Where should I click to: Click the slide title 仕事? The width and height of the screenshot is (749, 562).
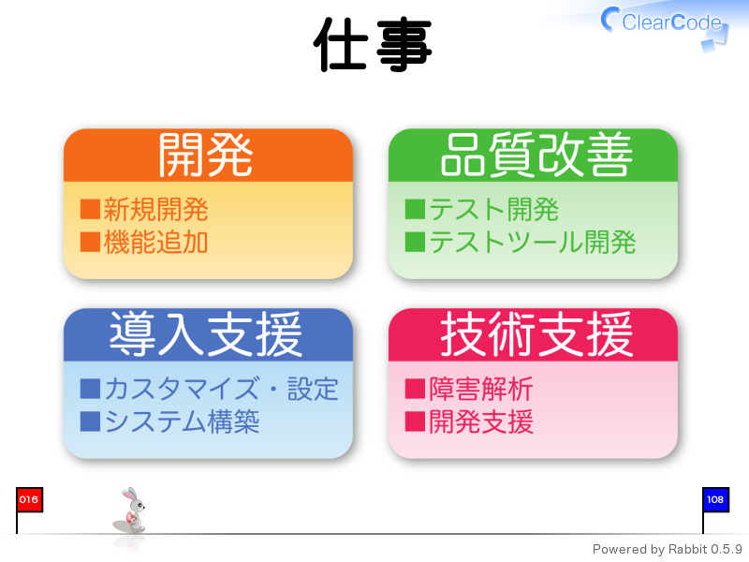point(373,44)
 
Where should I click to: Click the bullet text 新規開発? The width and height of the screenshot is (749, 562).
point(155,209)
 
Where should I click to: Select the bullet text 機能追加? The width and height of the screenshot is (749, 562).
point(155,242)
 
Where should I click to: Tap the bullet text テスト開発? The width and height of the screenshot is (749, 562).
point(493,209)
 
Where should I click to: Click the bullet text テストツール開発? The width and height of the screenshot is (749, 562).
point(532,242)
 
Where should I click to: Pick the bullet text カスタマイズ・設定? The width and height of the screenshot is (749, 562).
point(221,389)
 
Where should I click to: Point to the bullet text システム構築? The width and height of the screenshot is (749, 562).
point(182,421)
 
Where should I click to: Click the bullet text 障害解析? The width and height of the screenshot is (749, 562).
point(480,389)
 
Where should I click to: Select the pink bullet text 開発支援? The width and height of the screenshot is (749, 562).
point(480,421)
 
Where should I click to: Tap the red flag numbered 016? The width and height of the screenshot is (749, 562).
point(29,500)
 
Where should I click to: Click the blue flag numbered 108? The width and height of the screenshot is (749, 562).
point(715,500)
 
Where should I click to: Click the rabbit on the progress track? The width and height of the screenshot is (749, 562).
point(131,510)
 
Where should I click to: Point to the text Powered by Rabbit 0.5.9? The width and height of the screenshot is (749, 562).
point(667,549)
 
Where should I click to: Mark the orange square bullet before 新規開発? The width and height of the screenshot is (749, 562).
point(90,209)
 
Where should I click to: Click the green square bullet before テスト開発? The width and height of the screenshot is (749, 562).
point(415,209)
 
